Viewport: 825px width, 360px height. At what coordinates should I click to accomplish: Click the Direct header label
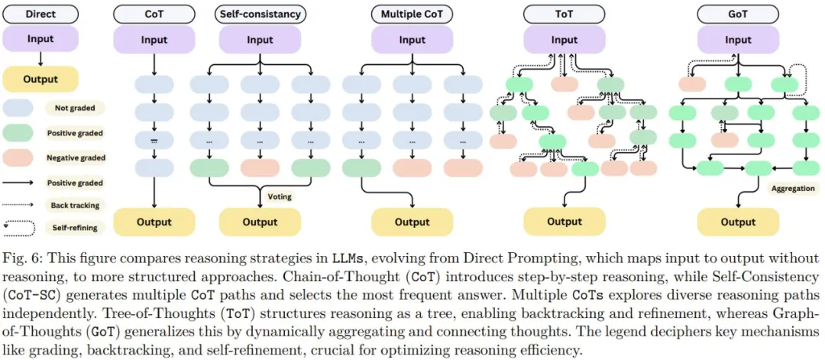(40, 15)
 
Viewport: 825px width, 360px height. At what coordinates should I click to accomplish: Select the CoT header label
(154, 15)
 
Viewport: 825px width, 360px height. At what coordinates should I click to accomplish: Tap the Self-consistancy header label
(260, 15)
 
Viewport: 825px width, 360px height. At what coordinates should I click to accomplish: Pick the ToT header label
(564, 15)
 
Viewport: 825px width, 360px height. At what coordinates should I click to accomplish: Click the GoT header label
(738, 15)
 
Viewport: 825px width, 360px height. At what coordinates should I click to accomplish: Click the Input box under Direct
(40, 39)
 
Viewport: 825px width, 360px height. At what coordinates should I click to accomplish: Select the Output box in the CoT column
(154, 222)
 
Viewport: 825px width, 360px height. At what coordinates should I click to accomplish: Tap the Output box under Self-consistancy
(260, 222)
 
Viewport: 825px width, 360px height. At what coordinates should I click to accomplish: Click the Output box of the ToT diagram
(564, 222)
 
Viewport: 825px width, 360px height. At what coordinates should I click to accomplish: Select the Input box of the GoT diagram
(738, 40)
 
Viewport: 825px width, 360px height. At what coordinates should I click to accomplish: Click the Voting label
(280, 196)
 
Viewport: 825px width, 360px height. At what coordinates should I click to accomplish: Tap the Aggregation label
(793, 187)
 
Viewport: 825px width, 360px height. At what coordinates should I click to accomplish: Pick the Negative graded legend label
(75, 158)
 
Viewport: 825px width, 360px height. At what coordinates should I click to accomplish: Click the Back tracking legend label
(75, 206)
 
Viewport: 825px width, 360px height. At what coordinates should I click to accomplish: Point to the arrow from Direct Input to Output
(40, 58)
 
